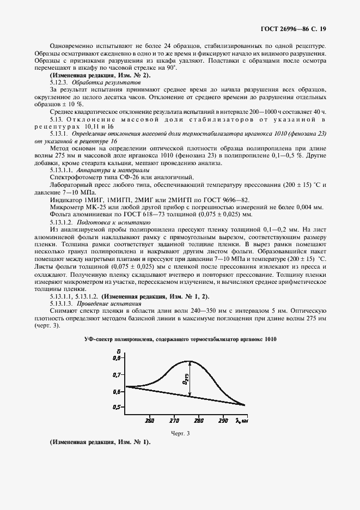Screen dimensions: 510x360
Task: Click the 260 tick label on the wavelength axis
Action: pyautogui.click(x=150, y=420)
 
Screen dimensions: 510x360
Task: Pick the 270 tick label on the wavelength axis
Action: pyautogui.click(x=174, y=420)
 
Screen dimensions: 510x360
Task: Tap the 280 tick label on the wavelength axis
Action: pyautogui.click(x=198, y=420)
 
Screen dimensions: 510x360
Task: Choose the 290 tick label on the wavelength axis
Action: pyautogui.click(x=222, y=420)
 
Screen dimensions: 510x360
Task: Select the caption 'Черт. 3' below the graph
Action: pyautogui.click(x=180, y=433)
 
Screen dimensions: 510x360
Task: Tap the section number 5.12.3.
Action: pyautogui.click(x=60, y=81)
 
